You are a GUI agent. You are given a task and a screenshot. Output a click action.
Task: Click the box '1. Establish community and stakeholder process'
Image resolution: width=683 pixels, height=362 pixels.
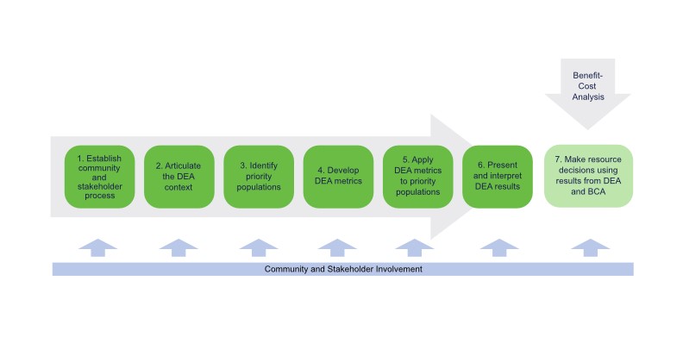[x=100, y=177]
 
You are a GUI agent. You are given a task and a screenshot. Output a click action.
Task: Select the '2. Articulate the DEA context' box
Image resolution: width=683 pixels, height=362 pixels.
[x=179, y=177]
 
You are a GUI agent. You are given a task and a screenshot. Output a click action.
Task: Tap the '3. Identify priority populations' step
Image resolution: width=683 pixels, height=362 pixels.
[x=259, y=177]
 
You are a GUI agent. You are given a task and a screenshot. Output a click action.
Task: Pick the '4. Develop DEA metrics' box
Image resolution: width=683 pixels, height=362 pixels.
[x=338, y=177]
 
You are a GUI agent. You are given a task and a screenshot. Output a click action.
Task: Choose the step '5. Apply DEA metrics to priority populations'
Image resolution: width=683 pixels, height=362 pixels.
[x=418, y=177]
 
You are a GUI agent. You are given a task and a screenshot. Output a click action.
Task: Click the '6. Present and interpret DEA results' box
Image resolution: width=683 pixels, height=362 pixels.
[x=498, y=177]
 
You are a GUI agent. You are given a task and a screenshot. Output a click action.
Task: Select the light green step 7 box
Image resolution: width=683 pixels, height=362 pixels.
[x=588, y=176]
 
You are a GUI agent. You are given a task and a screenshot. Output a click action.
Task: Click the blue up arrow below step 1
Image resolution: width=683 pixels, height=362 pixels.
[x=98, y=247]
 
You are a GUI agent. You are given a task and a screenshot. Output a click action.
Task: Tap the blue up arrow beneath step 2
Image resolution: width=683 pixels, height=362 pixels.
[x=179, y=247]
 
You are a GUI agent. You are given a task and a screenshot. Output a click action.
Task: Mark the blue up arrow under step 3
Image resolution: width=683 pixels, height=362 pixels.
[x=259, y=247]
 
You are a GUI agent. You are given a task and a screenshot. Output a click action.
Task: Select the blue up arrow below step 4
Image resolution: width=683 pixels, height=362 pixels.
[x=337, y=247]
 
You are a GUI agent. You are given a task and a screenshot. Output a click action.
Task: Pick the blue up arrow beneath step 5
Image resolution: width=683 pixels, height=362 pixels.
[x=415, y=247]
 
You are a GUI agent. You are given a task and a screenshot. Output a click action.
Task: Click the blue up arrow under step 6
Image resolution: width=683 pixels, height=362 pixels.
[x=499, y=247]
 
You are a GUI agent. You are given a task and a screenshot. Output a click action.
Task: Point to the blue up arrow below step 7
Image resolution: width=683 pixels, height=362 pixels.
[x=590, y=247]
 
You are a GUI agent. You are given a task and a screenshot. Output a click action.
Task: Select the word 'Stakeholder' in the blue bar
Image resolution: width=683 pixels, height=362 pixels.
[x=350, y=269]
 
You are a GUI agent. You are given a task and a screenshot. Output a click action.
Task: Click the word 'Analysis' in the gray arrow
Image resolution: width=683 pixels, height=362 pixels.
[x=588, y=97]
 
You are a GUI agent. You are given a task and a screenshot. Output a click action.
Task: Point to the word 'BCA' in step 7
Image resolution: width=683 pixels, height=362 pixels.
[x=596, y=191]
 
